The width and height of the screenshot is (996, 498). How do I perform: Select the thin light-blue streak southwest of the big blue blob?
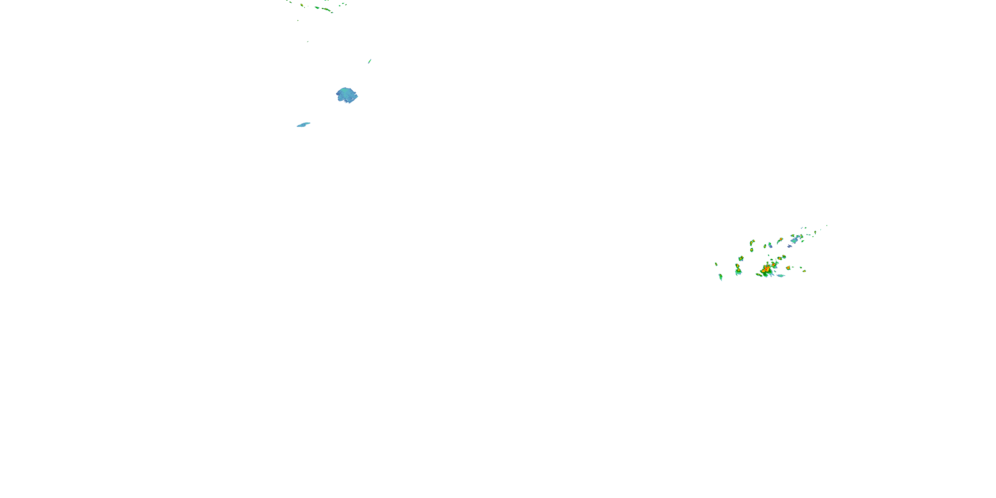click(x=303, y=124)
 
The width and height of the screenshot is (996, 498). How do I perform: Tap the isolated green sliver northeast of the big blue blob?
click(x=370, y=61)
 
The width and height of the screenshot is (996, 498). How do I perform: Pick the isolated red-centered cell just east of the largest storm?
click(x=788, y=268)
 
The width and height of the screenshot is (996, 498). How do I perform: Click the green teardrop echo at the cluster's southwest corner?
click(x=721, y=277)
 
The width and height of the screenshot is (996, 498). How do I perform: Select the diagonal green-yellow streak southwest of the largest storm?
click(x=759, y=275)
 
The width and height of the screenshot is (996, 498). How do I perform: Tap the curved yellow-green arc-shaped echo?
click(x=752, y=242)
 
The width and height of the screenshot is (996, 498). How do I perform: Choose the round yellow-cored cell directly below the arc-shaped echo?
click(x=752, y=250)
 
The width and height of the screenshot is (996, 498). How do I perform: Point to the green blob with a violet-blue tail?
click(x=770, y=245)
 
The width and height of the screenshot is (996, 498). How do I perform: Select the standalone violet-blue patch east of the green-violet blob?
click(x=790, y=246)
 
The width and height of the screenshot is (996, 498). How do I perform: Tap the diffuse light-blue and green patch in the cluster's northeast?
click(x=794, y=240)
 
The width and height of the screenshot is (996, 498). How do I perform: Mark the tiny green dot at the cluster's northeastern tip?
click(x=827, y=226)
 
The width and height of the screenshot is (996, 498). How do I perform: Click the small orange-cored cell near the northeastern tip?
click(x=815, y=232)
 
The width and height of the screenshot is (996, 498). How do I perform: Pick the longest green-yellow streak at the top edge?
click(x=327, y=9)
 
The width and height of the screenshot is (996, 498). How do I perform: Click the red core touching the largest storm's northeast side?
click(x=774, y=265)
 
